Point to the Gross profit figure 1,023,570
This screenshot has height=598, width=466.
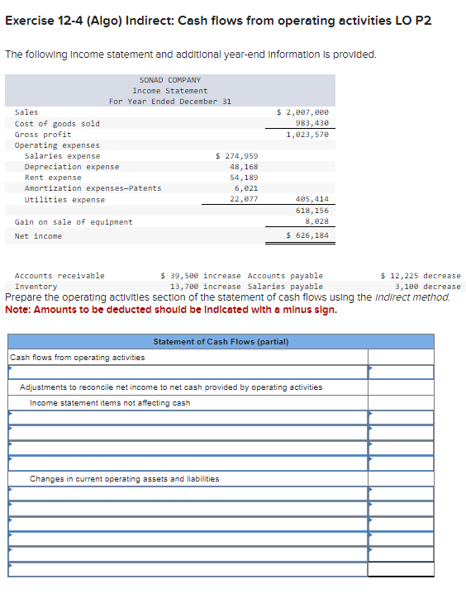pos(307,134)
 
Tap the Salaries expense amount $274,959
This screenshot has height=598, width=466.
pos(236,156)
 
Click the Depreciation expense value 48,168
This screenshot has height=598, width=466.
pos(244,167)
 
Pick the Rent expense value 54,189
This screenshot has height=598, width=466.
pos(244,178)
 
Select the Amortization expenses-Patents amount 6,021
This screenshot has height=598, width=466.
pos(247,188)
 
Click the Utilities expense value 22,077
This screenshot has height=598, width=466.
pos(244,199)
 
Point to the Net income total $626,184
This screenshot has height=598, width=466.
pos(307,236)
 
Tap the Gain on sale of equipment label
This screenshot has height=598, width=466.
pos(74,222)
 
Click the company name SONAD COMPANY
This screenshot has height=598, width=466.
pos(170,80)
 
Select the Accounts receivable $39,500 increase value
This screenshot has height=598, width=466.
pos(201,276)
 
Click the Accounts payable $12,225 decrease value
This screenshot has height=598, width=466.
pos(421,276)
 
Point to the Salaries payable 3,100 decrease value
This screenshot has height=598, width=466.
pos(428,286)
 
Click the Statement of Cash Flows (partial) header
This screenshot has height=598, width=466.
pos(221,342)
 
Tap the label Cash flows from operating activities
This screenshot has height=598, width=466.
pos(77,358)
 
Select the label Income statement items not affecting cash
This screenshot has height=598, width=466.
pos(110,403)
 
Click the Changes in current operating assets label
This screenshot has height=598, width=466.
pos(125,479)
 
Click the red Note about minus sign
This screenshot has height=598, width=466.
pos(171,309)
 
